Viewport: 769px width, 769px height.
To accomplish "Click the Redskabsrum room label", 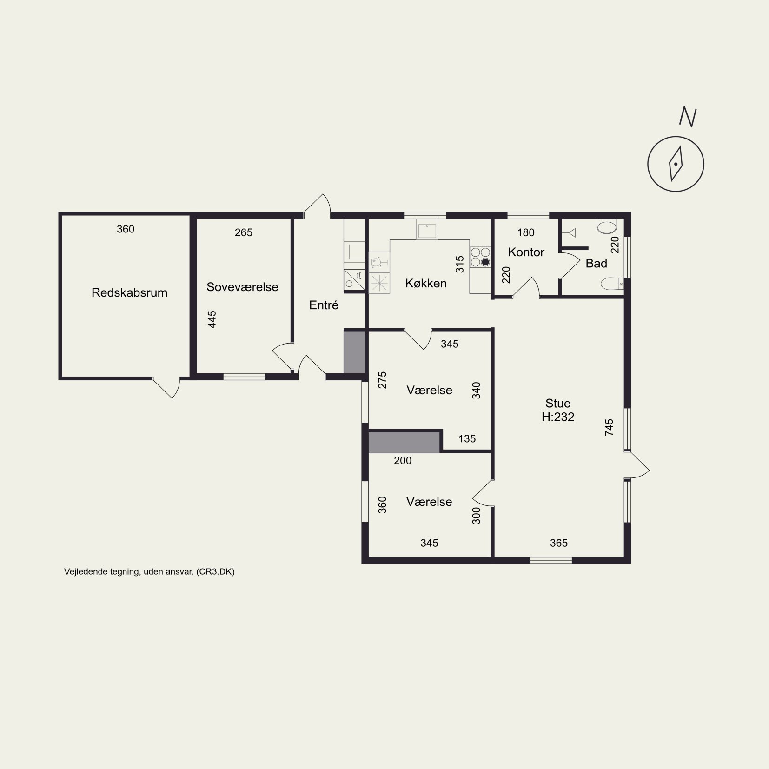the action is coord(129,292).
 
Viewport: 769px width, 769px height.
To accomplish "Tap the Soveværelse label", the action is coord(242,287).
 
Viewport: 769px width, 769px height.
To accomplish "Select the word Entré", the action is coord(324,305).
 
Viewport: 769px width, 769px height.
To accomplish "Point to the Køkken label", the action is coord(426,283).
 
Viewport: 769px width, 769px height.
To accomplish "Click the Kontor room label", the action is coord(526,252).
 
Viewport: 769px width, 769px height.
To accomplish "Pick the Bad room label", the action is coord(597,264).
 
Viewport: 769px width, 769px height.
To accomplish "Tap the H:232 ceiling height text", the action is coord(558,417).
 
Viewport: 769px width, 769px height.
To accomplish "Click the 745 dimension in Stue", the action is coord(609,427).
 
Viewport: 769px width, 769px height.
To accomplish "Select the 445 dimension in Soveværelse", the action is coord(212,319).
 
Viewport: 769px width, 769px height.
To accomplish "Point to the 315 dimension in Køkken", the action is coord(460,265).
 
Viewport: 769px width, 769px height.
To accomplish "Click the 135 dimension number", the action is coord(467,438).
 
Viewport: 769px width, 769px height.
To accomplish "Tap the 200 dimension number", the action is coord(403,460).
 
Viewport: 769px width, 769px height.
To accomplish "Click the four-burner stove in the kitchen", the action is coord(480,257).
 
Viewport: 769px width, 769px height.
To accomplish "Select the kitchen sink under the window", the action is coord(427,230).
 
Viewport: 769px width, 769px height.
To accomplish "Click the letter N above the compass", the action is coord(688,117).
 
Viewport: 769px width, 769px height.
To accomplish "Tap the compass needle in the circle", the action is coord(676,164).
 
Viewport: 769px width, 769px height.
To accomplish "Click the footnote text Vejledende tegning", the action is coord(103,572).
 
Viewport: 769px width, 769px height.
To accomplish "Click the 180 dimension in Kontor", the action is coord(526,232).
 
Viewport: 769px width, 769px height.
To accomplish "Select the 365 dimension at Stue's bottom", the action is coord(558,543).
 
